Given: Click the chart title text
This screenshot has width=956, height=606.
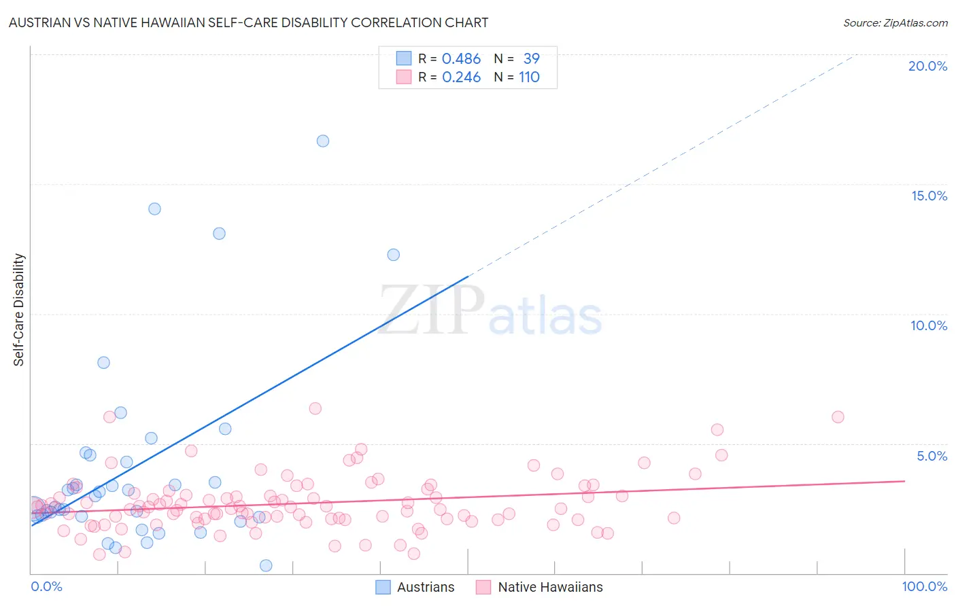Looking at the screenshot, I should (x=248, y=22).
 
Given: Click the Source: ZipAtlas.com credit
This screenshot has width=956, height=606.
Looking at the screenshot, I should (x=895, y=22).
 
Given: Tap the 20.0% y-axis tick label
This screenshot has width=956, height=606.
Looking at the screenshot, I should (x=927, y=66).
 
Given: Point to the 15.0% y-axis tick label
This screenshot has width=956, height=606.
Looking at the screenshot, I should (x=929, y=196).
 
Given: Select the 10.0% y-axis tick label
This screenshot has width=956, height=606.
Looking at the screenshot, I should (x=929, y=325).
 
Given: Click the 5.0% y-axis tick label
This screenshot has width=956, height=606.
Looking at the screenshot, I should (x=932, y=456).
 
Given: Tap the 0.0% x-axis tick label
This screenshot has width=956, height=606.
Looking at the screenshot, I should (x=46, y=586).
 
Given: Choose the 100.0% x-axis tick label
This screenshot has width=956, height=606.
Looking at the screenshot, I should (x=924, y=586).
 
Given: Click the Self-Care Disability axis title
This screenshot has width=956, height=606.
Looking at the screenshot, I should (x=19, y=310).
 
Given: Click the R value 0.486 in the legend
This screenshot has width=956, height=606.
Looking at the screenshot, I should (x=461, y=59).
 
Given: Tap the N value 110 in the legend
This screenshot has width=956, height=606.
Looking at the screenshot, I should (x=529, y=77).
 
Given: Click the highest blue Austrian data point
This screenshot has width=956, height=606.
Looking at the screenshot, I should (x=323, y=141).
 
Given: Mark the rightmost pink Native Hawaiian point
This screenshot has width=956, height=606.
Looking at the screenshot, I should (x=838, y=416).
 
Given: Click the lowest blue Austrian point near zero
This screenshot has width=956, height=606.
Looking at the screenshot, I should (x=266, y=565).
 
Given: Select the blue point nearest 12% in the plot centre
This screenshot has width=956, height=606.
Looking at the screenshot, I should (x=393, y=255).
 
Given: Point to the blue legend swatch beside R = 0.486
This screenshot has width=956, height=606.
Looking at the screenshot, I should (x=404, y=58).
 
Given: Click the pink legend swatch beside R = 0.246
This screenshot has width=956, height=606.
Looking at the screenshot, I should (x=404, y=77).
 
